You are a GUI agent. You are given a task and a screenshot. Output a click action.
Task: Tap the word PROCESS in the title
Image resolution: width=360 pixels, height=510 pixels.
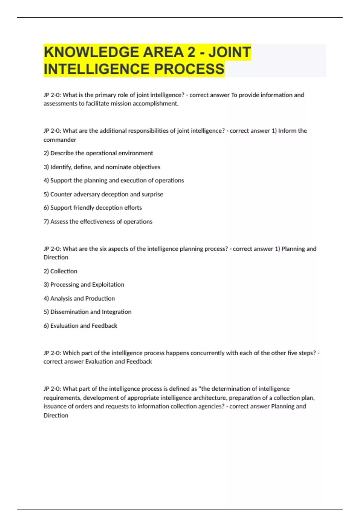pos(189,69)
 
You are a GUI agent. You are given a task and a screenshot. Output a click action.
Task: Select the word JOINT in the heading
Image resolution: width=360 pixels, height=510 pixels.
pos(230,52)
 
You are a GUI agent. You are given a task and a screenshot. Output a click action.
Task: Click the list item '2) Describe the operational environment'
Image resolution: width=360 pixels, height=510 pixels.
pos(98,153)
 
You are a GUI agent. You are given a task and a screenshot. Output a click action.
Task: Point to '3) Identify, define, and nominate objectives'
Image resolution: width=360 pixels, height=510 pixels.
pos(102,167)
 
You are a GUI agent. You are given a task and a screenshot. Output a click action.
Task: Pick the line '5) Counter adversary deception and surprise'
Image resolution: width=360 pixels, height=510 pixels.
pos(103,194)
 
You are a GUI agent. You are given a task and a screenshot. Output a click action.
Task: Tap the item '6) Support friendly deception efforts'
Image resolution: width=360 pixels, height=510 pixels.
pos(93,208)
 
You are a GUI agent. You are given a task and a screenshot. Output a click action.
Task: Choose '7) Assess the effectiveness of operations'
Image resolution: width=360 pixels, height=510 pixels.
pos(98,222)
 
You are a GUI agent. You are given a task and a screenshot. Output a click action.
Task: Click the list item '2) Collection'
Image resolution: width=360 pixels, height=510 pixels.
pos(60,271)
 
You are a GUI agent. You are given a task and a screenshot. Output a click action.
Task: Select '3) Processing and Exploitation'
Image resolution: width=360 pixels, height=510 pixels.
pos(84,285)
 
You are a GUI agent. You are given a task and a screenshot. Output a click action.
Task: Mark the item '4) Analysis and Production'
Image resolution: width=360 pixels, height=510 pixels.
pos(79,298)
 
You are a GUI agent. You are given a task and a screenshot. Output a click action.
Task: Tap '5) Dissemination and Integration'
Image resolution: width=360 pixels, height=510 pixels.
pos(87,312)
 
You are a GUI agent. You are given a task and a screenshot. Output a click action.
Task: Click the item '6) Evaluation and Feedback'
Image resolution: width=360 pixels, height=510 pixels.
pos(80,326)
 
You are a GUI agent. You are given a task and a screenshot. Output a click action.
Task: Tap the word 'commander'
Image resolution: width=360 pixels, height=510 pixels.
pos(60,140)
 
